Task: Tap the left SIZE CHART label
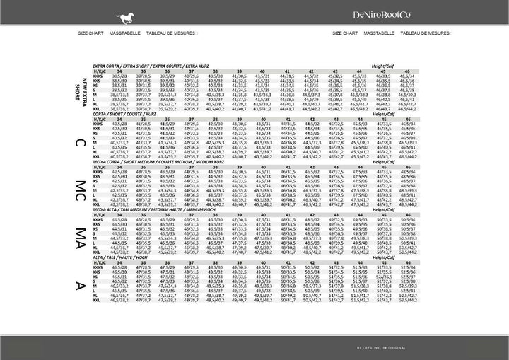[x=91, y=33]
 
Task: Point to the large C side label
[x=81, y=144]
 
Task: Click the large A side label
[x=81, y=285]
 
